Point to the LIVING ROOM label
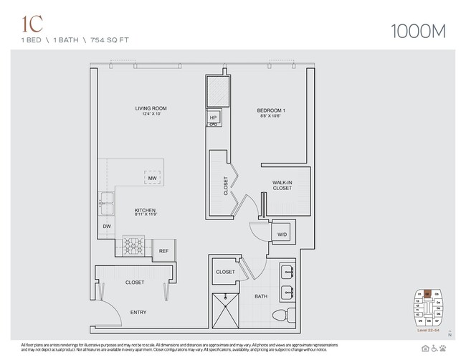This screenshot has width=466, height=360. pos(151,110)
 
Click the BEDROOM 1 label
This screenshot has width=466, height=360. pos(272,110)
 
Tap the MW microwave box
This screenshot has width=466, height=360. pos(151,178)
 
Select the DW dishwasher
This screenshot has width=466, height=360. pos(107,226)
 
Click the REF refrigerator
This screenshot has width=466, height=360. pos(163,251)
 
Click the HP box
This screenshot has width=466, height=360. pos(214,118)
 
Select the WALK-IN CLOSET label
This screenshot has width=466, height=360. pos(282,186)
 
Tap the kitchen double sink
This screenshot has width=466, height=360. pos(108,200)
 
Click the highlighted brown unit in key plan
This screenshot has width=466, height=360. pos(427,293)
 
